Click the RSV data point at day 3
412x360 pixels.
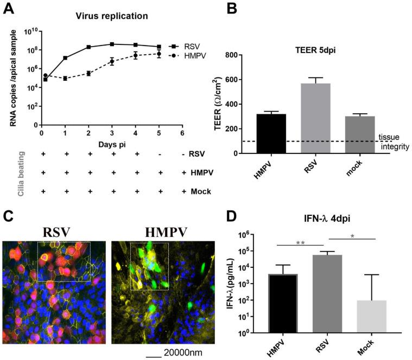[x=112, y=44]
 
